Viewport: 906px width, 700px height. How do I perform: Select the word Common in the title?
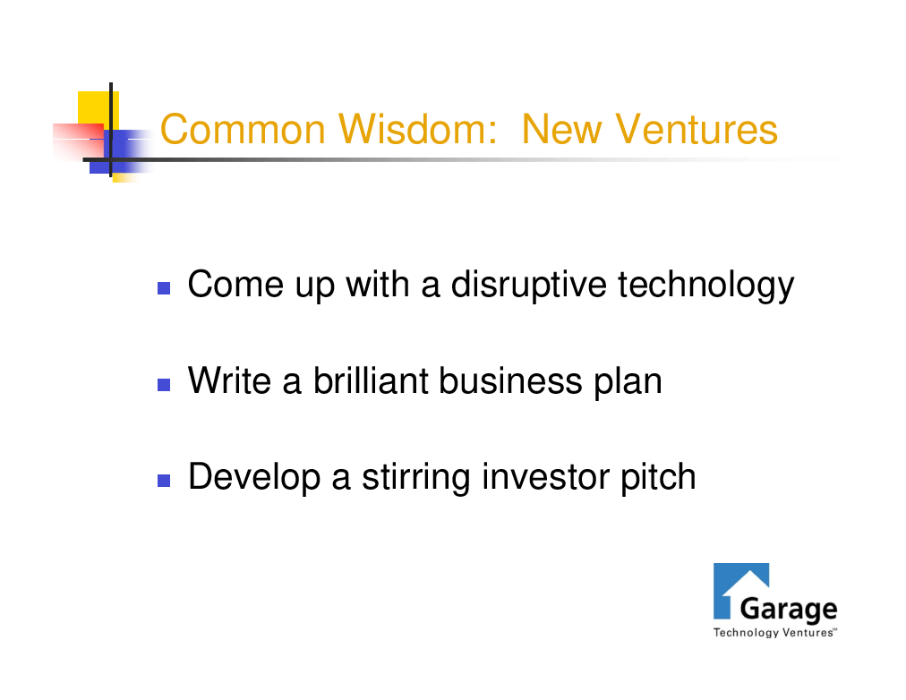(243, 129)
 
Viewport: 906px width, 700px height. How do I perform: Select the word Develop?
(254, 478)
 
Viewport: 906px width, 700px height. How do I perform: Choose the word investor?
(545, 477)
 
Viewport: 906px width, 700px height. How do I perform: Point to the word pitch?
(658, 478)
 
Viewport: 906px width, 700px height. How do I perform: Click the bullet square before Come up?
(164, 288)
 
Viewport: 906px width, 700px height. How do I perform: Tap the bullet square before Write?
(164, 385)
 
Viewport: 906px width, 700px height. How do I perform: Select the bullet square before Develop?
(164, 481)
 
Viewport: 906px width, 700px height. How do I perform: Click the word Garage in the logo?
(788, 610)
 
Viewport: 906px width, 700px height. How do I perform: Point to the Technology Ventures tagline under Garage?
(774, 633)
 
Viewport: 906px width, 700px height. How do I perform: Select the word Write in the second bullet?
(229, 381)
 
